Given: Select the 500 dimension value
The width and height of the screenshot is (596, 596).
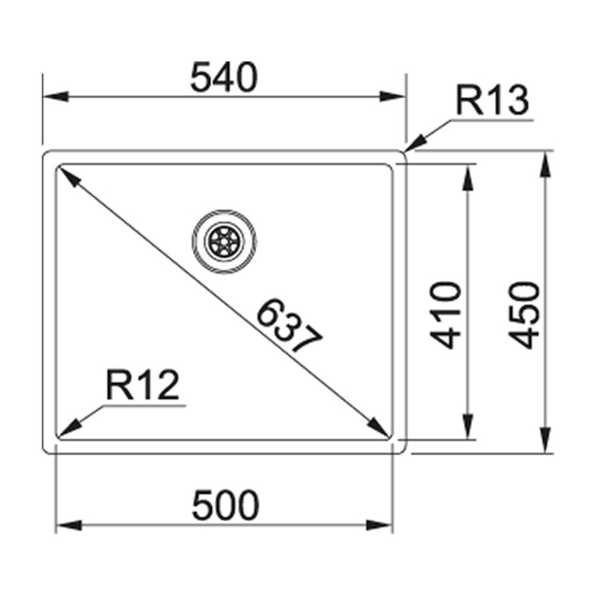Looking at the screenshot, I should pyautogui.click(x=226, y=506).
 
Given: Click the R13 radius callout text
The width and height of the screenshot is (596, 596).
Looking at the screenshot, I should pyautogui.click(x=492, y=101).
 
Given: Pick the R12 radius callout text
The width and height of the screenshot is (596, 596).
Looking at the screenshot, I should pyautogui.click(x=142, y=386).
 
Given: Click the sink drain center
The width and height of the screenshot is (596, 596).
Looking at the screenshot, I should pyautogui.click(x=224, y=242).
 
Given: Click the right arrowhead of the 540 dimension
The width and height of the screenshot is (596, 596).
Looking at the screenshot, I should pyautogui.click(x=394, y=97).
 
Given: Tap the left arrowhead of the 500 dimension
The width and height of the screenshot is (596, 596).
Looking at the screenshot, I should pyautogui.click(x=67, y=526).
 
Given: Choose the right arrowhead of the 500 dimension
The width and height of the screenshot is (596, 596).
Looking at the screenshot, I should pyautogui.click(x=382, y=526).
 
